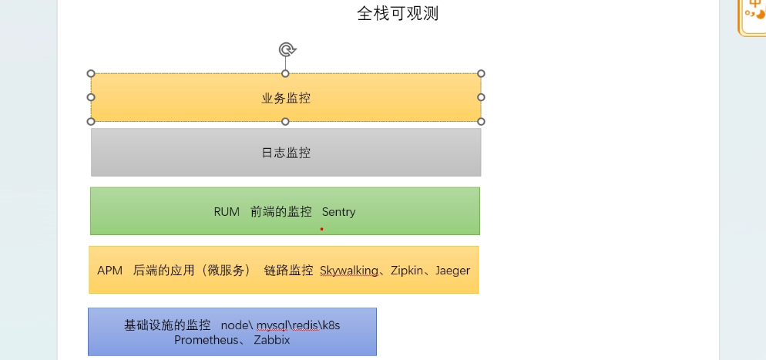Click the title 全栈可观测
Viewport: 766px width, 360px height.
pos(398,13)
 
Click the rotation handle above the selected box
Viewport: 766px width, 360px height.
pos(286,50)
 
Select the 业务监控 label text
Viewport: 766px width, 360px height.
pos(286,98)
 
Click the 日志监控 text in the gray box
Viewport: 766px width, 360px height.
pos(286,153)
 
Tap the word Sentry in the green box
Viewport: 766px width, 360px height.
pos(338,211)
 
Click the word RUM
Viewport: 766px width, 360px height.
pos(227,211)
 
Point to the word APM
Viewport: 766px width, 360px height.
pos(110,271)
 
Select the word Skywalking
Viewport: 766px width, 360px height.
pos(349,271)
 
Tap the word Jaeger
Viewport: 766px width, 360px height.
pos(452,271)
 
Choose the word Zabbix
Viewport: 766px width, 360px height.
pos(271,339)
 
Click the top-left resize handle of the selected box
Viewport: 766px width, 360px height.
pos(91,73)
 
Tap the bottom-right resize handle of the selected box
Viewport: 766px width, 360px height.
pos(481,121)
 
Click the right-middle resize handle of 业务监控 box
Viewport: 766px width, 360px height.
pos(481,97)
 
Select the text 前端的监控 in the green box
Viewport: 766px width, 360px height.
pos(281,211)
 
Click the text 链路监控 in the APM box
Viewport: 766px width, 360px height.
pos(288,271)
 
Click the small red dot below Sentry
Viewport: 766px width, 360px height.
pos(321,229)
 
